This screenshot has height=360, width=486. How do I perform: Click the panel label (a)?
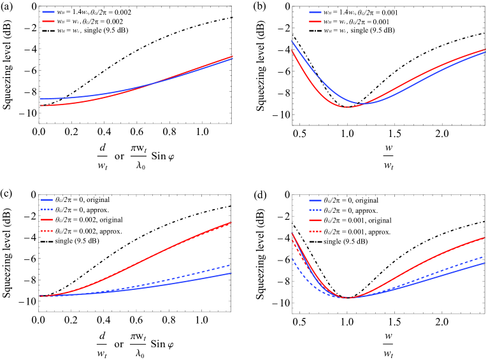tap(9, 8)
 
